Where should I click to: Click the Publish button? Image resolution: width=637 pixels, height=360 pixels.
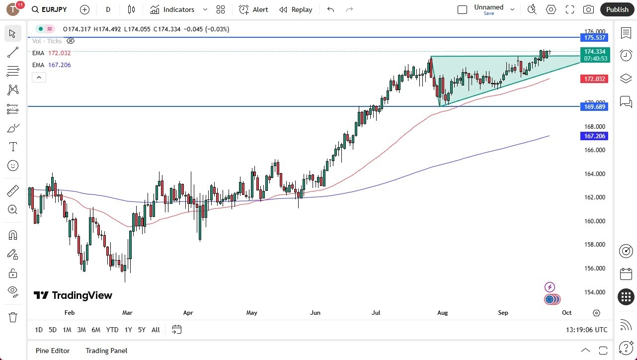coord(617,9)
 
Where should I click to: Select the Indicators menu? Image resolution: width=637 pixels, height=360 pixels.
coord(178,9)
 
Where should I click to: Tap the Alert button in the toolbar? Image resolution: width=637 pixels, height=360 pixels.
coord(253,9)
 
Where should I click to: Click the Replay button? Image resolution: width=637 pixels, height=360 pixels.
coord(296,9)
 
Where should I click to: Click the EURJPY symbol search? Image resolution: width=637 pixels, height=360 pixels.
coord(50,9)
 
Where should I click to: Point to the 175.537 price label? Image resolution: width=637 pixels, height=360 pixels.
coord(594,38)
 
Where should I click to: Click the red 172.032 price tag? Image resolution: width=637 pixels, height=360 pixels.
coord(594,79)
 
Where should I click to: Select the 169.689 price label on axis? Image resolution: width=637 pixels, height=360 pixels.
coord(594,106)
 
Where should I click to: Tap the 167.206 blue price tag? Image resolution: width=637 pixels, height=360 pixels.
coord(594,136)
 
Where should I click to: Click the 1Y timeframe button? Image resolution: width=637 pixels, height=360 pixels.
coord(128,330)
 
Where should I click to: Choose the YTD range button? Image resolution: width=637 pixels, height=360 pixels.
coord(112,330)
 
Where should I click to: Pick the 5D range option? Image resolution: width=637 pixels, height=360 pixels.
coord(53,330)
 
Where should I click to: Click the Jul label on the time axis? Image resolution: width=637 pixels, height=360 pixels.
coord(376,313)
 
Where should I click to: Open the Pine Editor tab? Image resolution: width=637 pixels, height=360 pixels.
coord(53,351)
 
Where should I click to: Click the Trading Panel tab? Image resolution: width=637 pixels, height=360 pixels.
coord(106,351)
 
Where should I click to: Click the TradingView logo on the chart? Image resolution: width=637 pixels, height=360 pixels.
coord(73,295)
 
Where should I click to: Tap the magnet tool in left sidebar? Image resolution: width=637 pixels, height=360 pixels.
coord(13,235)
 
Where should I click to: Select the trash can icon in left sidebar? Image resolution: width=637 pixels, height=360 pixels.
coord(13,317)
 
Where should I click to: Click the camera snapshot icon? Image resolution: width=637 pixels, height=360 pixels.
coord(588,9)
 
